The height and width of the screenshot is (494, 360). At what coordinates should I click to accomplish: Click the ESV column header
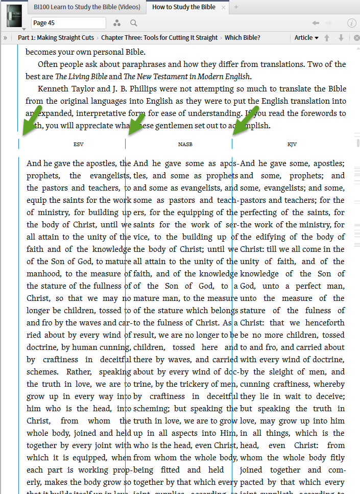click(78, 145)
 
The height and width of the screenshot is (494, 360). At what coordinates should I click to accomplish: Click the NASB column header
click(185, 145)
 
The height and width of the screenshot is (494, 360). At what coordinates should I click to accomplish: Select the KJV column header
click(292, 145)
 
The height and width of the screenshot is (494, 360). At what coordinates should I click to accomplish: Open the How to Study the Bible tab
click(184, 7)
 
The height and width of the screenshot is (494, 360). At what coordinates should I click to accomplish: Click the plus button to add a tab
click(236, 7)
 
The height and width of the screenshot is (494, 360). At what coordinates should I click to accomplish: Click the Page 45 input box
click(68, 23)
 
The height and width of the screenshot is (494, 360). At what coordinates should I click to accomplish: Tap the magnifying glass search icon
click(133, 23)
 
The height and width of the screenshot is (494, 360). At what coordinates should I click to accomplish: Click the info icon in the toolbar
click(351, 23)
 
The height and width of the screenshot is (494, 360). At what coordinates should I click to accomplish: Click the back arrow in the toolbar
click(316, 23)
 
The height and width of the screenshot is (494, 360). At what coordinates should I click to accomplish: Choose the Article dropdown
click(306, 38)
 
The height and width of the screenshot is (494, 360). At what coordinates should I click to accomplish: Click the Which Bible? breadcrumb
click(243, 38)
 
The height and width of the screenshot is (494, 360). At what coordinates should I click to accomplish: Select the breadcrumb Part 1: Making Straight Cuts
click(56, 38)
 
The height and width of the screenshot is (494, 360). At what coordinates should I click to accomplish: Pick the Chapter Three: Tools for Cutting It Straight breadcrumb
click(159, 38)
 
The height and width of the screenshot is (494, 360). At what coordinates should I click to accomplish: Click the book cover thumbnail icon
click(14, 15)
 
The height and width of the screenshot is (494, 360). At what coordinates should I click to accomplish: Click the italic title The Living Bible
click(81, 77)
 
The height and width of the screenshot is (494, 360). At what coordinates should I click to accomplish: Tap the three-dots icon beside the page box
click(117, 23)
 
